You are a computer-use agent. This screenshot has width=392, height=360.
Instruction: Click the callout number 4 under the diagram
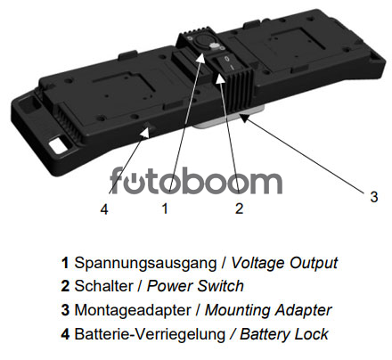click(104, 209)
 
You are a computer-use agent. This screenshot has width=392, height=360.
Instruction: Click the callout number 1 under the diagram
click(165, 209)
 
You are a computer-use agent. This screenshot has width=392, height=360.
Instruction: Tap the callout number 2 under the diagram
click(239, 209)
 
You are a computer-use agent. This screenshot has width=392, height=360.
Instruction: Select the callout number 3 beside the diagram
click(374, 197)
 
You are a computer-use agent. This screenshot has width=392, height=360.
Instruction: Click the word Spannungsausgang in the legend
click(145, 264)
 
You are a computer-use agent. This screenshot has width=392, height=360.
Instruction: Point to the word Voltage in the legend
click(258, 264)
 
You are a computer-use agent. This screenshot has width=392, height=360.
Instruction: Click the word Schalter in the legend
click(103, 286)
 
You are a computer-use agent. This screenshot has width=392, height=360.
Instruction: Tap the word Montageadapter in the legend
click(133, 310)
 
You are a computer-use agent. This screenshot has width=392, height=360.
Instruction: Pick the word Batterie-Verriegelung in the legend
click(150, 334)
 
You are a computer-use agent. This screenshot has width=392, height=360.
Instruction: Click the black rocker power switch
click(228, 63)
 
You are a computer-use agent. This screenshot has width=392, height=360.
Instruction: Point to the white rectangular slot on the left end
click(59, 144)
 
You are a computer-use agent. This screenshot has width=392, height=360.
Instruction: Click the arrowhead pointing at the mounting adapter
click(244, 118)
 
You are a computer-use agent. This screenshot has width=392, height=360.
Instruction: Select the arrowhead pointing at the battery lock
click(144, 132)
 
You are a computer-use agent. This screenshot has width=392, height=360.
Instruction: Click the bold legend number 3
click(65, 310)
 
